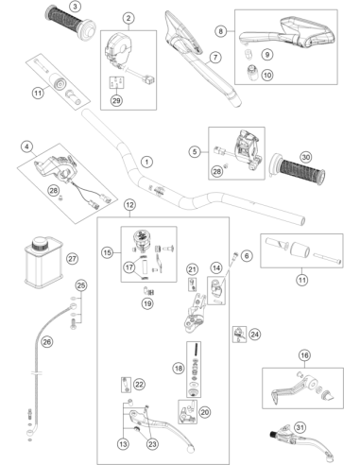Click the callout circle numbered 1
[x=146, y=162]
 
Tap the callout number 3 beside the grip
[x=75, y=6]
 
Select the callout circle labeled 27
[x=72, y=259]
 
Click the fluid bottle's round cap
[x=42, y=243]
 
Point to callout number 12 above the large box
[x=129, y=205]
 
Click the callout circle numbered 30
[x=305, y=157]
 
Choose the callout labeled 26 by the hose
[x=47, y=341]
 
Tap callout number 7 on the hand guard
[x=215, y=58]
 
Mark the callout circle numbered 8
[x=221, y=31]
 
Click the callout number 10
[x=267, y=75]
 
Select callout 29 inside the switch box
[x=116, y=100]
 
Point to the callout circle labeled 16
[x=304, y=355]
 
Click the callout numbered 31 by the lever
[x=300, y=427]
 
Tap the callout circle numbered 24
[x=254, y=334]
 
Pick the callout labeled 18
[x=179, y=368]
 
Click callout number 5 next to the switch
[x=195, y=152]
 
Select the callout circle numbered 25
[x=81, y=285]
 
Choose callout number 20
[x=205, y=412]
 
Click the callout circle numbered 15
[x=108, y=252]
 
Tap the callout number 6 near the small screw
[x=247, y=256]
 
